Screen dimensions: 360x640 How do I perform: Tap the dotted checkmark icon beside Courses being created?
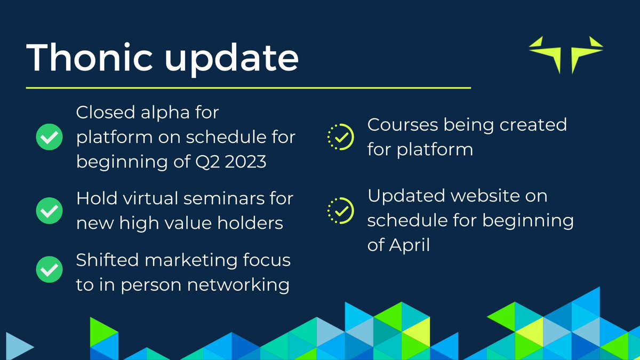[x=340, y=137]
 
